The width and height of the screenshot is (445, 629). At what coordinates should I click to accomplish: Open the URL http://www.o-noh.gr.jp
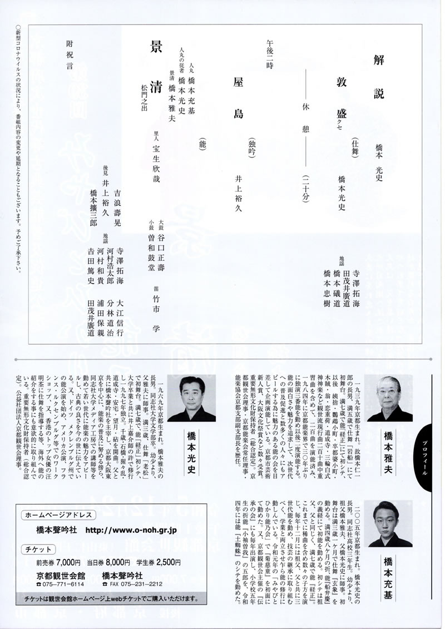pyautogui.click(x=137, y=529)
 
